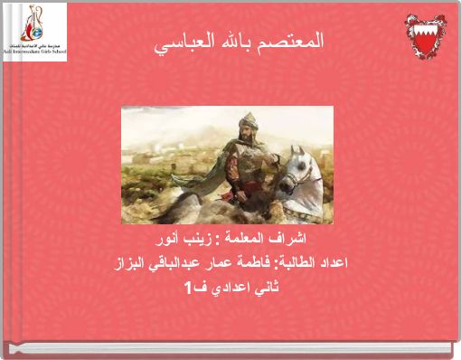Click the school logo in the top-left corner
[x=34, y=31]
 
